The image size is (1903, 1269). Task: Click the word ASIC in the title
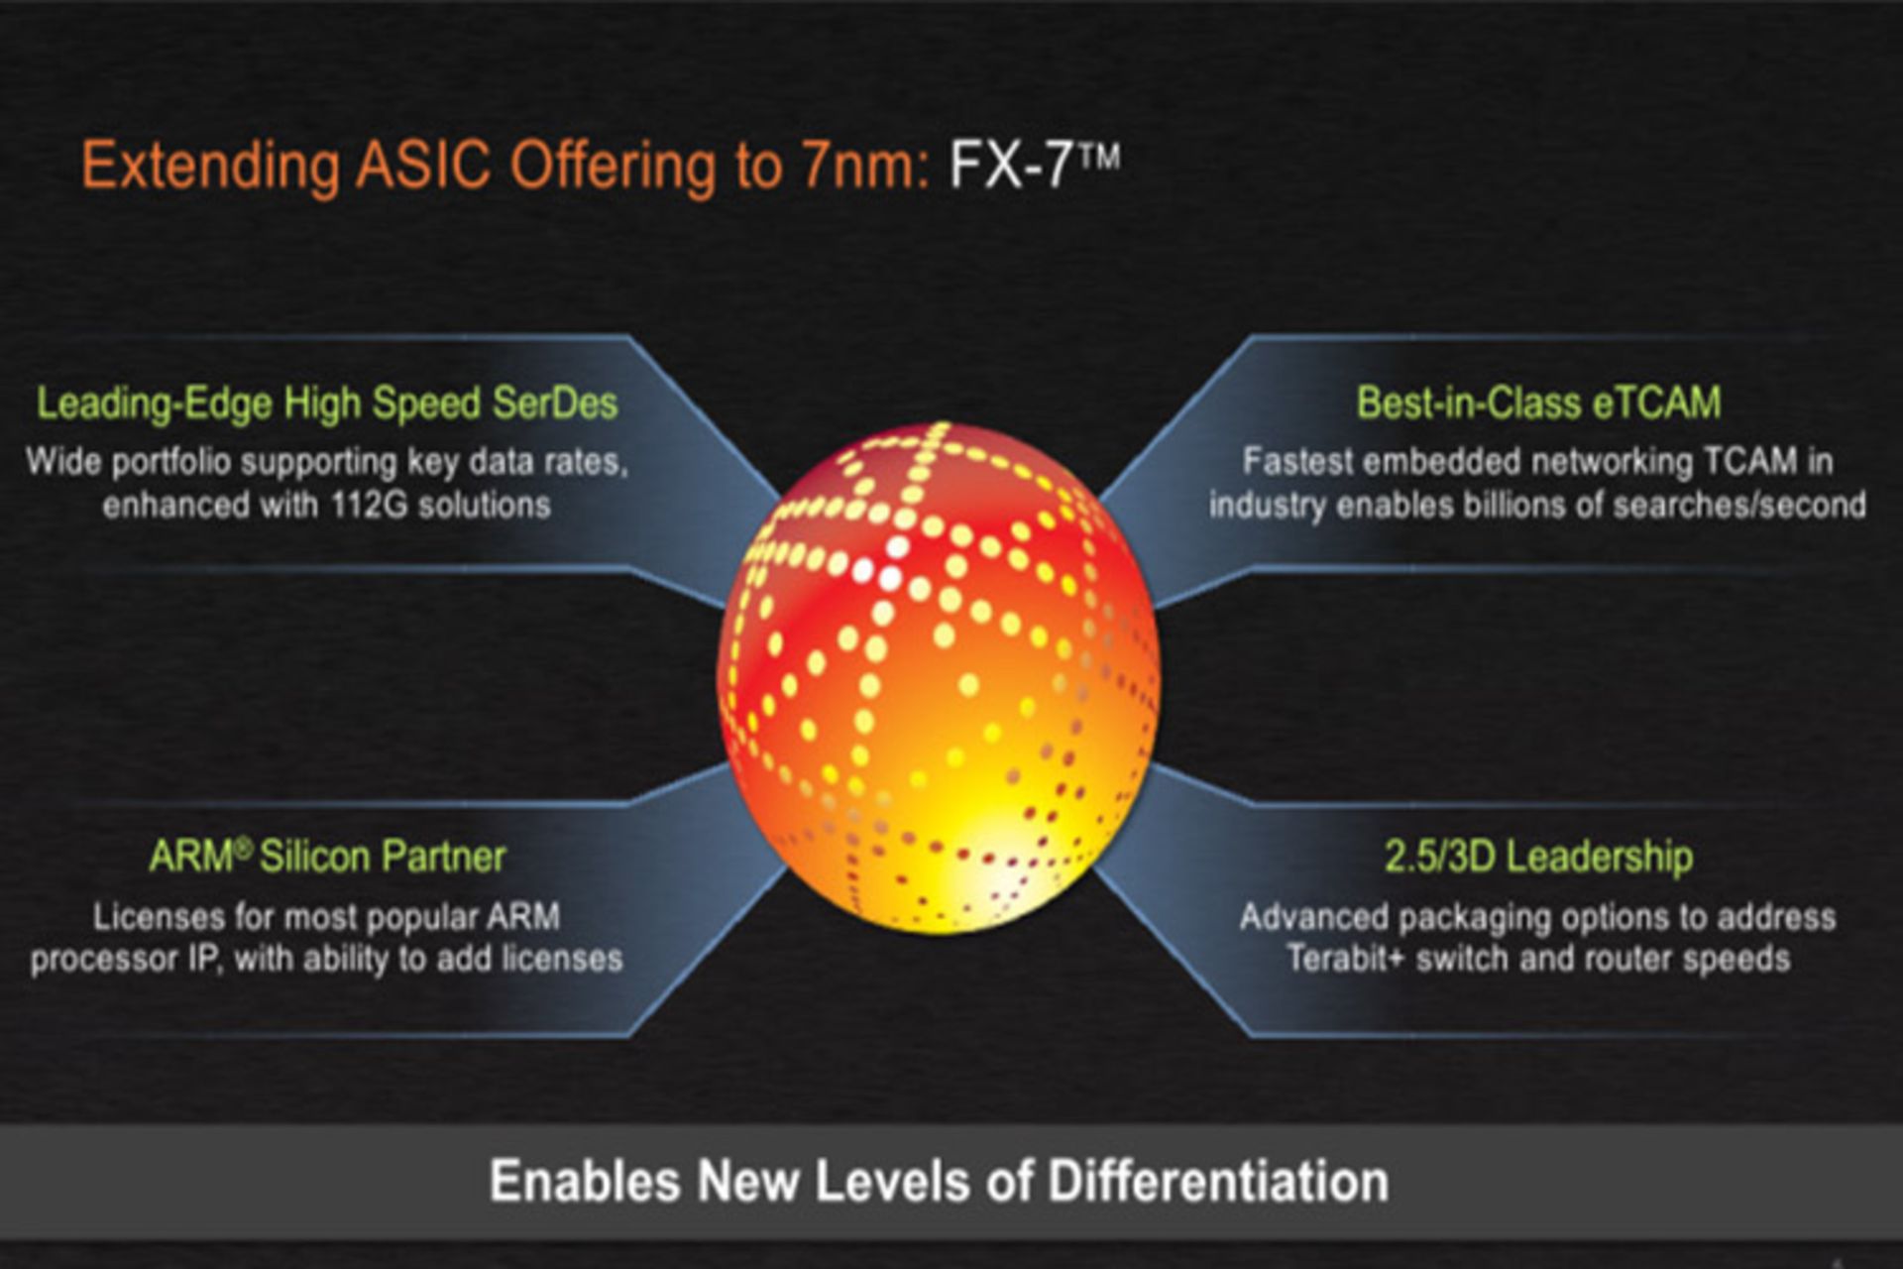(x=423, y=166)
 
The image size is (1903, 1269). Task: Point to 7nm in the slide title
(x=861, y=166)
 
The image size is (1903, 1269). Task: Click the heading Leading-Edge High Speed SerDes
(x=327, y=404)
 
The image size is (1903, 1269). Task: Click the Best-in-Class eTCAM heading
(x=1538, y=403)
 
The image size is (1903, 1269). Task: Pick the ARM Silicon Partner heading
(x=327, y=857)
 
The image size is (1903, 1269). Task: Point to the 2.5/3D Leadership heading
(x=1538, y=857)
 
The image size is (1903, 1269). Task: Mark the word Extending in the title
(x=210, y=166)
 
